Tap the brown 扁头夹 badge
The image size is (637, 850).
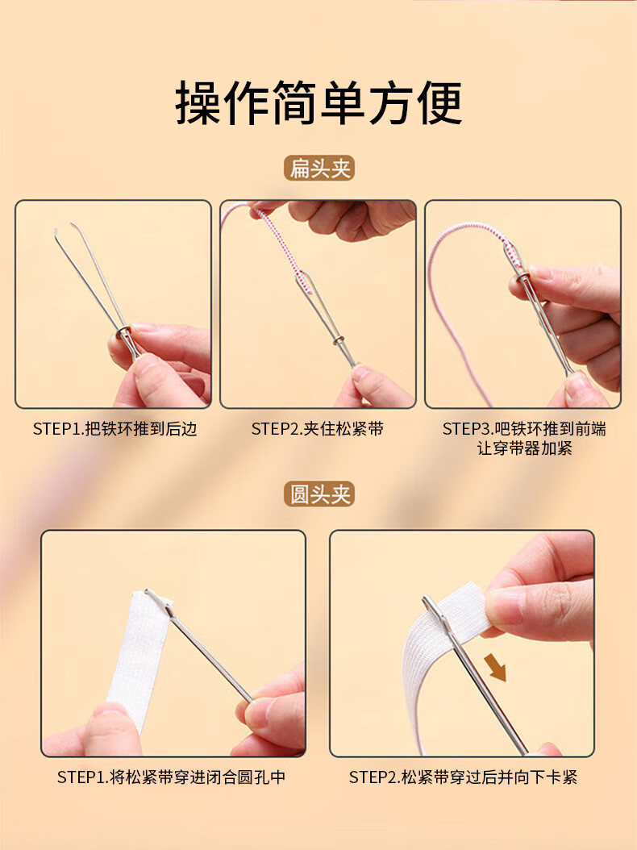[x=319, y=168]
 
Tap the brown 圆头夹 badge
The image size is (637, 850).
[x=319, y=494]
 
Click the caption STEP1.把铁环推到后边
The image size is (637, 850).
[x=114, y=429]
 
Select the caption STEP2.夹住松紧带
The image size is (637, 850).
[x=317, y=429]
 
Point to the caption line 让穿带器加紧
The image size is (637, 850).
[x=524, y=448]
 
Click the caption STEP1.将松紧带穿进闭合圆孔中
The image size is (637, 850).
[x=171, y=777]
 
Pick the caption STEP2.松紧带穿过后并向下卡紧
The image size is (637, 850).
[x=463, y=777]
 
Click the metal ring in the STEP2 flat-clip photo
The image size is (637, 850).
[x=339, y=340]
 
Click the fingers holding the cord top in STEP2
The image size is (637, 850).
[x=347, y=217]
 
